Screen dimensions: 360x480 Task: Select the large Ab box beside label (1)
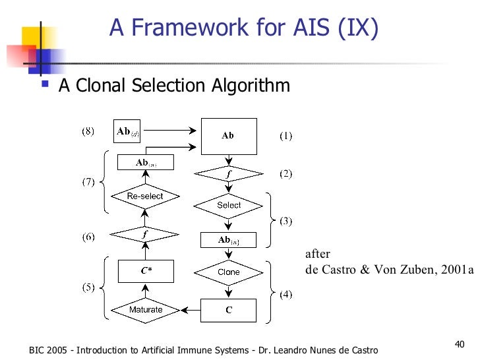[x=228, y=136]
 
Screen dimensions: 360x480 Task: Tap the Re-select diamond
[x=145, y=196]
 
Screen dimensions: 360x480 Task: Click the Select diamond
[x=229, y=205]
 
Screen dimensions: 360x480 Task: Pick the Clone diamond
[x=229, y=272]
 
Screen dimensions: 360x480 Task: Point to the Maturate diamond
[x=145, y=309]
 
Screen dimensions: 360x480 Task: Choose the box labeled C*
[x=145, y=270]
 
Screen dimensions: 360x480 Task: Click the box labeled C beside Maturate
[x=229, y=309]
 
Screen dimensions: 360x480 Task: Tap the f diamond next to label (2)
[x=229, y=173]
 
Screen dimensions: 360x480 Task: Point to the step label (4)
[x=284, y=294]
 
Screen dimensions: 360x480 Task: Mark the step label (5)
[x=88, y=287]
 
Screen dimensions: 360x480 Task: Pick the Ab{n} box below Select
[x=229, y=240]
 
